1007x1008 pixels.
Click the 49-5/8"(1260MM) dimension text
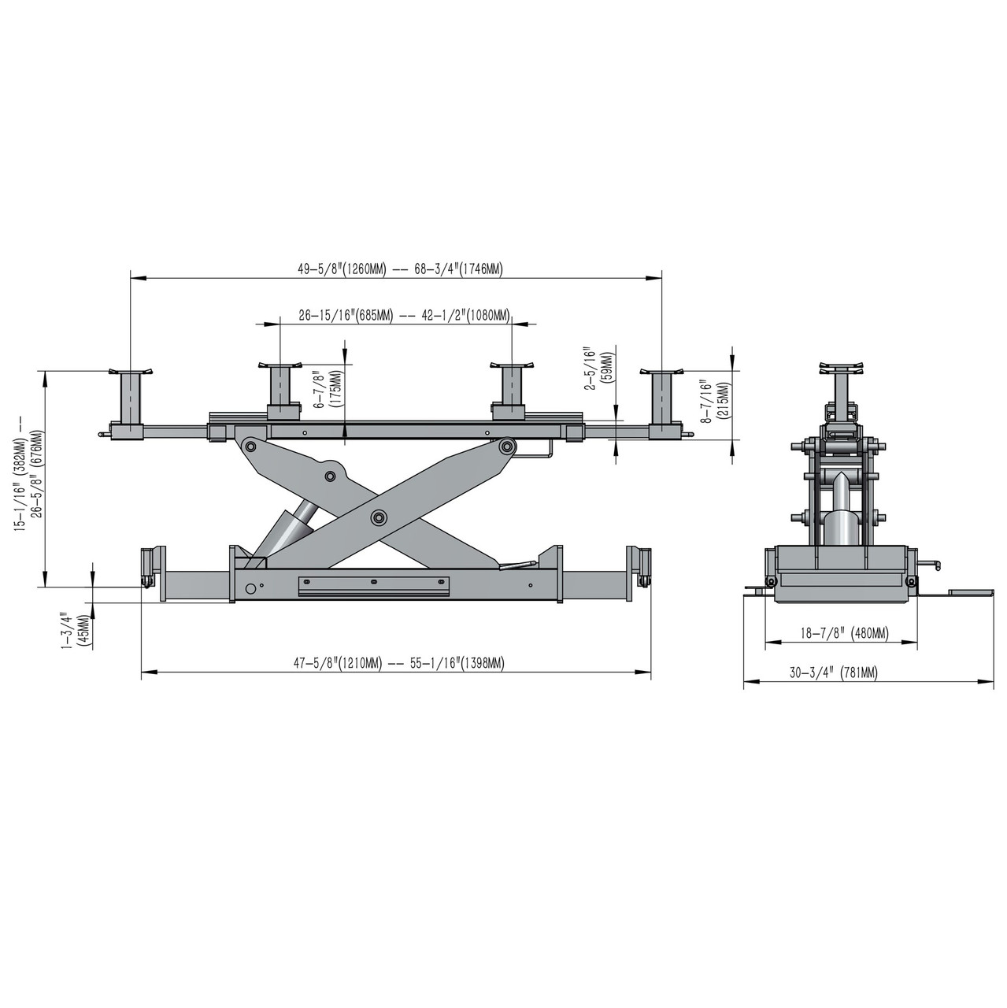pyautogui.click(x=342, y=269)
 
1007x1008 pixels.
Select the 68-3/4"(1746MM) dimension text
pyautogui.click(x=457, y=269)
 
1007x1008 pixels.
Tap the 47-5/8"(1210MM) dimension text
pyautogui.click(x=338, y=664)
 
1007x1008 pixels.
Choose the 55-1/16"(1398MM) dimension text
pyautogui.click(x=457, y=664)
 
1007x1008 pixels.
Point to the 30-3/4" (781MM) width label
pyautogui.click(x=834, y=673)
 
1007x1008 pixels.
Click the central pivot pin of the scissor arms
pyautogui.click(x=380, y=517)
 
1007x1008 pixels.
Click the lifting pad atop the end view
pyautogui.click(x=841, y=367)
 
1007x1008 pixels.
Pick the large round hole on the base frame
pyautogui.click(x=250, y=588)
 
